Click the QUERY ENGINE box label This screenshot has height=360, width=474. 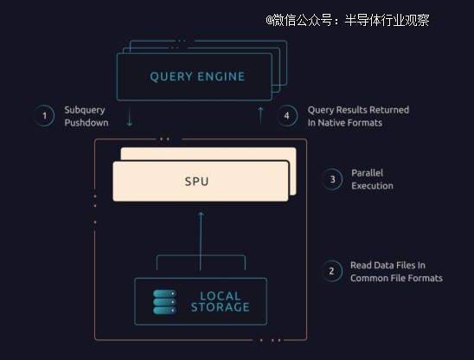click(x=197, y=76)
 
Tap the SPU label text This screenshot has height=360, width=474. click(x=197, y=182)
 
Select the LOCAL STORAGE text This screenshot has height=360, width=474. click(x=220, y=301)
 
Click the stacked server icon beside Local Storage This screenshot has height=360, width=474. click(x=164, y=302)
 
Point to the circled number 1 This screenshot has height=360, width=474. click(x=44, y=116)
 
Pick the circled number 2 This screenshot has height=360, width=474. click(x=332, y=271)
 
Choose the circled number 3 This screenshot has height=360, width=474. click(x=332, y=179)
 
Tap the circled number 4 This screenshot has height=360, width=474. click(x=287, y=116)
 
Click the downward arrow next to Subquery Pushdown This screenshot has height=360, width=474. click(x=130, y=117)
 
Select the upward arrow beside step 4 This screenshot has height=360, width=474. click(x=260, y=116)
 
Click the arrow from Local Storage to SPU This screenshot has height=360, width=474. click(x=201, y=241)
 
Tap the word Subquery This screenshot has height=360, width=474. click(x=85, y=110)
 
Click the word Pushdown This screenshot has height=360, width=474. click(x=86, y=123)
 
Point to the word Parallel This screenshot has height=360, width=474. click(x=368, y=173)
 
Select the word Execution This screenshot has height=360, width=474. click(x=372, y=186)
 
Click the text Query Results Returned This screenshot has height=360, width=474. click(x=358, y=110)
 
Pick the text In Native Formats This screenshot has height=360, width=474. click(x=345, y=123)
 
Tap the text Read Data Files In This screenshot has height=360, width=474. click(x=388, y=266)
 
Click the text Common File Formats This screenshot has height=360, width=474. click(x=396, y=278)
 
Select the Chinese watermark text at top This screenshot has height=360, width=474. click(x=348, y=20)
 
